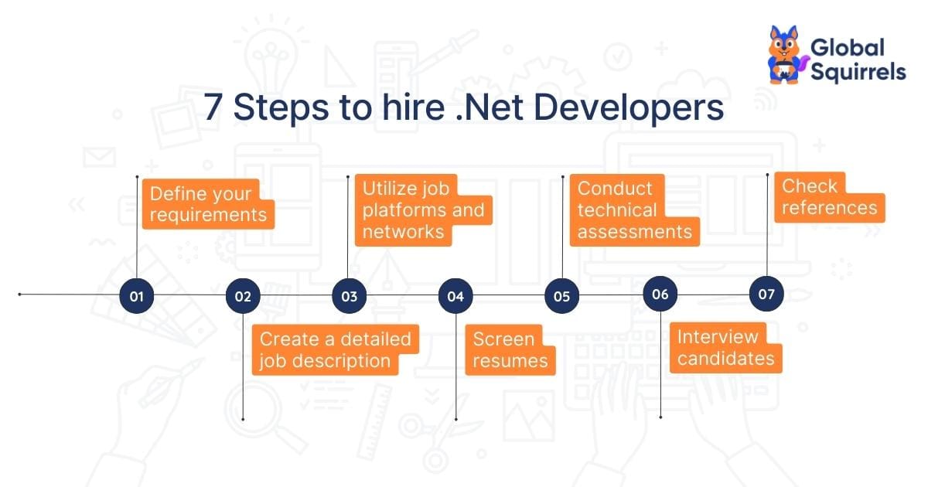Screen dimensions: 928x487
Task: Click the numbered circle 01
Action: pos(137,296)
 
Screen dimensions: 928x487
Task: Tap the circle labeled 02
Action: pos(243,296)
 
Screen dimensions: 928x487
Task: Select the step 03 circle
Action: pos(350,296)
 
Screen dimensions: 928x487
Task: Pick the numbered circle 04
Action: pos(455,296)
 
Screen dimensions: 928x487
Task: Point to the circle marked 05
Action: pos(561,296)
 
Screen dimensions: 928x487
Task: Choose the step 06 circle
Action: pos(660,294)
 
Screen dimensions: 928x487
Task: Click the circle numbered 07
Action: pos(766,294)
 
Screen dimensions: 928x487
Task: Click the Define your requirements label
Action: pos(208,204)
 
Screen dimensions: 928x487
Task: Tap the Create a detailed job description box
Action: pos(336,350)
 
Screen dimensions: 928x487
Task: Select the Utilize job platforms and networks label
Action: pos(424,210)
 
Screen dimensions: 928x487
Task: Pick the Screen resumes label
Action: pos(510,350)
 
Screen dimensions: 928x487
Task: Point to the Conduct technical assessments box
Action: pos(635,210)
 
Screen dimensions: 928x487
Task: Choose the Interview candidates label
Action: pos(726,348)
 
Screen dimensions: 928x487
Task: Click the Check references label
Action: pos(830,197)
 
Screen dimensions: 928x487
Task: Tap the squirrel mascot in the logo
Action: pos(786,55)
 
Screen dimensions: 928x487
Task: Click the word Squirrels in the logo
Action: pos(858,72)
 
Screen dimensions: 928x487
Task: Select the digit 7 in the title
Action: pos(213,107)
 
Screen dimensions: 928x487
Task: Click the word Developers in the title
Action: pos(629,108)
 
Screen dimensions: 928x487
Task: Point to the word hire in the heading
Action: pos(413,107)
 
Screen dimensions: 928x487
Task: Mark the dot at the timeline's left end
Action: pos(19,295)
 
